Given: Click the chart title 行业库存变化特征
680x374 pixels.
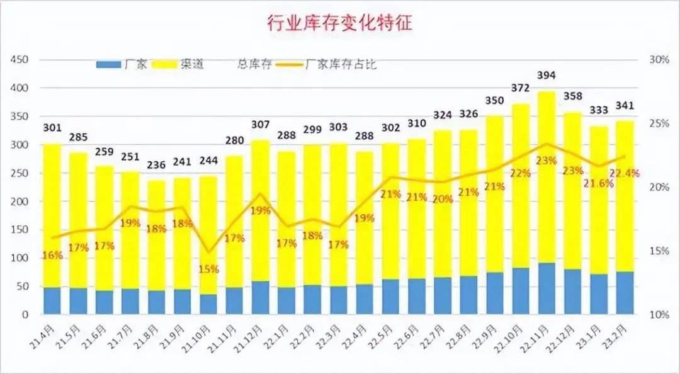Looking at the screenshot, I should coord(340,24).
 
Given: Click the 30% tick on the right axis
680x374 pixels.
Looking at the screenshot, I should coord(658,60).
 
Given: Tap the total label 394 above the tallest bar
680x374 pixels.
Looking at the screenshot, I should coord(547,76).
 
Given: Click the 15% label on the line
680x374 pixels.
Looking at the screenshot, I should coord(208,269).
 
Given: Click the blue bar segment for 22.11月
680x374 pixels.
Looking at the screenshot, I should coord(547,288).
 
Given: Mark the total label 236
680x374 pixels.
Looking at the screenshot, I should coord(157,166).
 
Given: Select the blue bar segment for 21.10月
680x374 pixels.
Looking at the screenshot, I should coord(208,304).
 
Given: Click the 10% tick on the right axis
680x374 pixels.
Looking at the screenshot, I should coord(658,314).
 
